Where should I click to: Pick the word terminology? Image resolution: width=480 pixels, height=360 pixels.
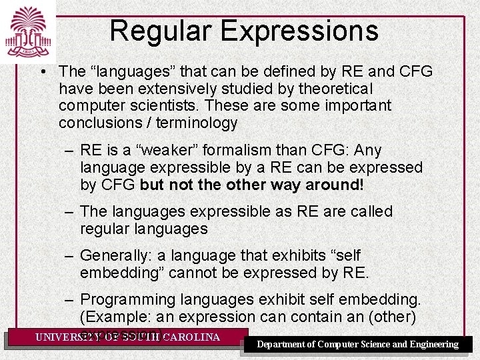point(197,123)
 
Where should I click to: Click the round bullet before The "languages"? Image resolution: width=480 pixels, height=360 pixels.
point(42,71)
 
